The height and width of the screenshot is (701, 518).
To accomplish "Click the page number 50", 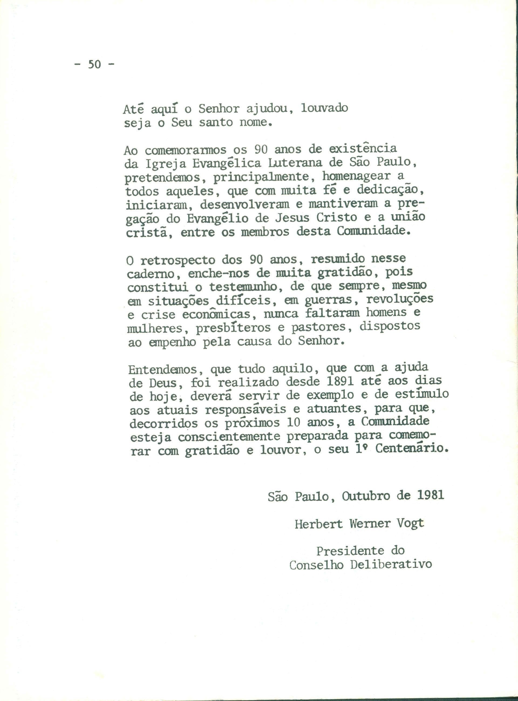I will coord(94,64).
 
